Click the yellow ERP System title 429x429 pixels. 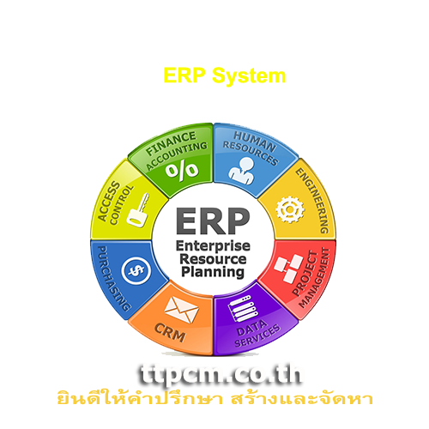coord(225,76)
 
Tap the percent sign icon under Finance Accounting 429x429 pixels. coord(182,171)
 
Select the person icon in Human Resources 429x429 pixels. coord(242,171)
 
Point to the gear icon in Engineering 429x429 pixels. coord(290,209)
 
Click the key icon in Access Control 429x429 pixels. coord(138,210)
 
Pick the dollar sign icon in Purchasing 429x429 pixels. coord(136,270)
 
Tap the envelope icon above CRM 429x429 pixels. coord(181,310)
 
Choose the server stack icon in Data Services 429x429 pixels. coord(242,309)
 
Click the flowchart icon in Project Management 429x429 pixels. coord(288,269)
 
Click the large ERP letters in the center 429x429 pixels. coord(213,221)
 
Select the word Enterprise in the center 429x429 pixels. coord(213,246)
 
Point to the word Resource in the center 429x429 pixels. coord(213,259)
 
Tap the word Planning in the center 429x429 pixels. coord(213,272)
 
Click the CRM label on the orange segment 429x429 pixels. coord(170,333)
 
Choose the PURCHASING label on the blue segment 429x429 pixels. coord(113,279)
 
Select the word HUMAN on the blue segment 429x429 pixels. coord(255,142)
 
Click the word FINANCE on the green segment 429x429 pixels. coord(171,144)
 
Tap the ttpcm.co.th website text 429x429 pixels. coord(221,375)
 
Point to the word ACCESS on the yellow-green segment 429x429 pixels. coord(109,201)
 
